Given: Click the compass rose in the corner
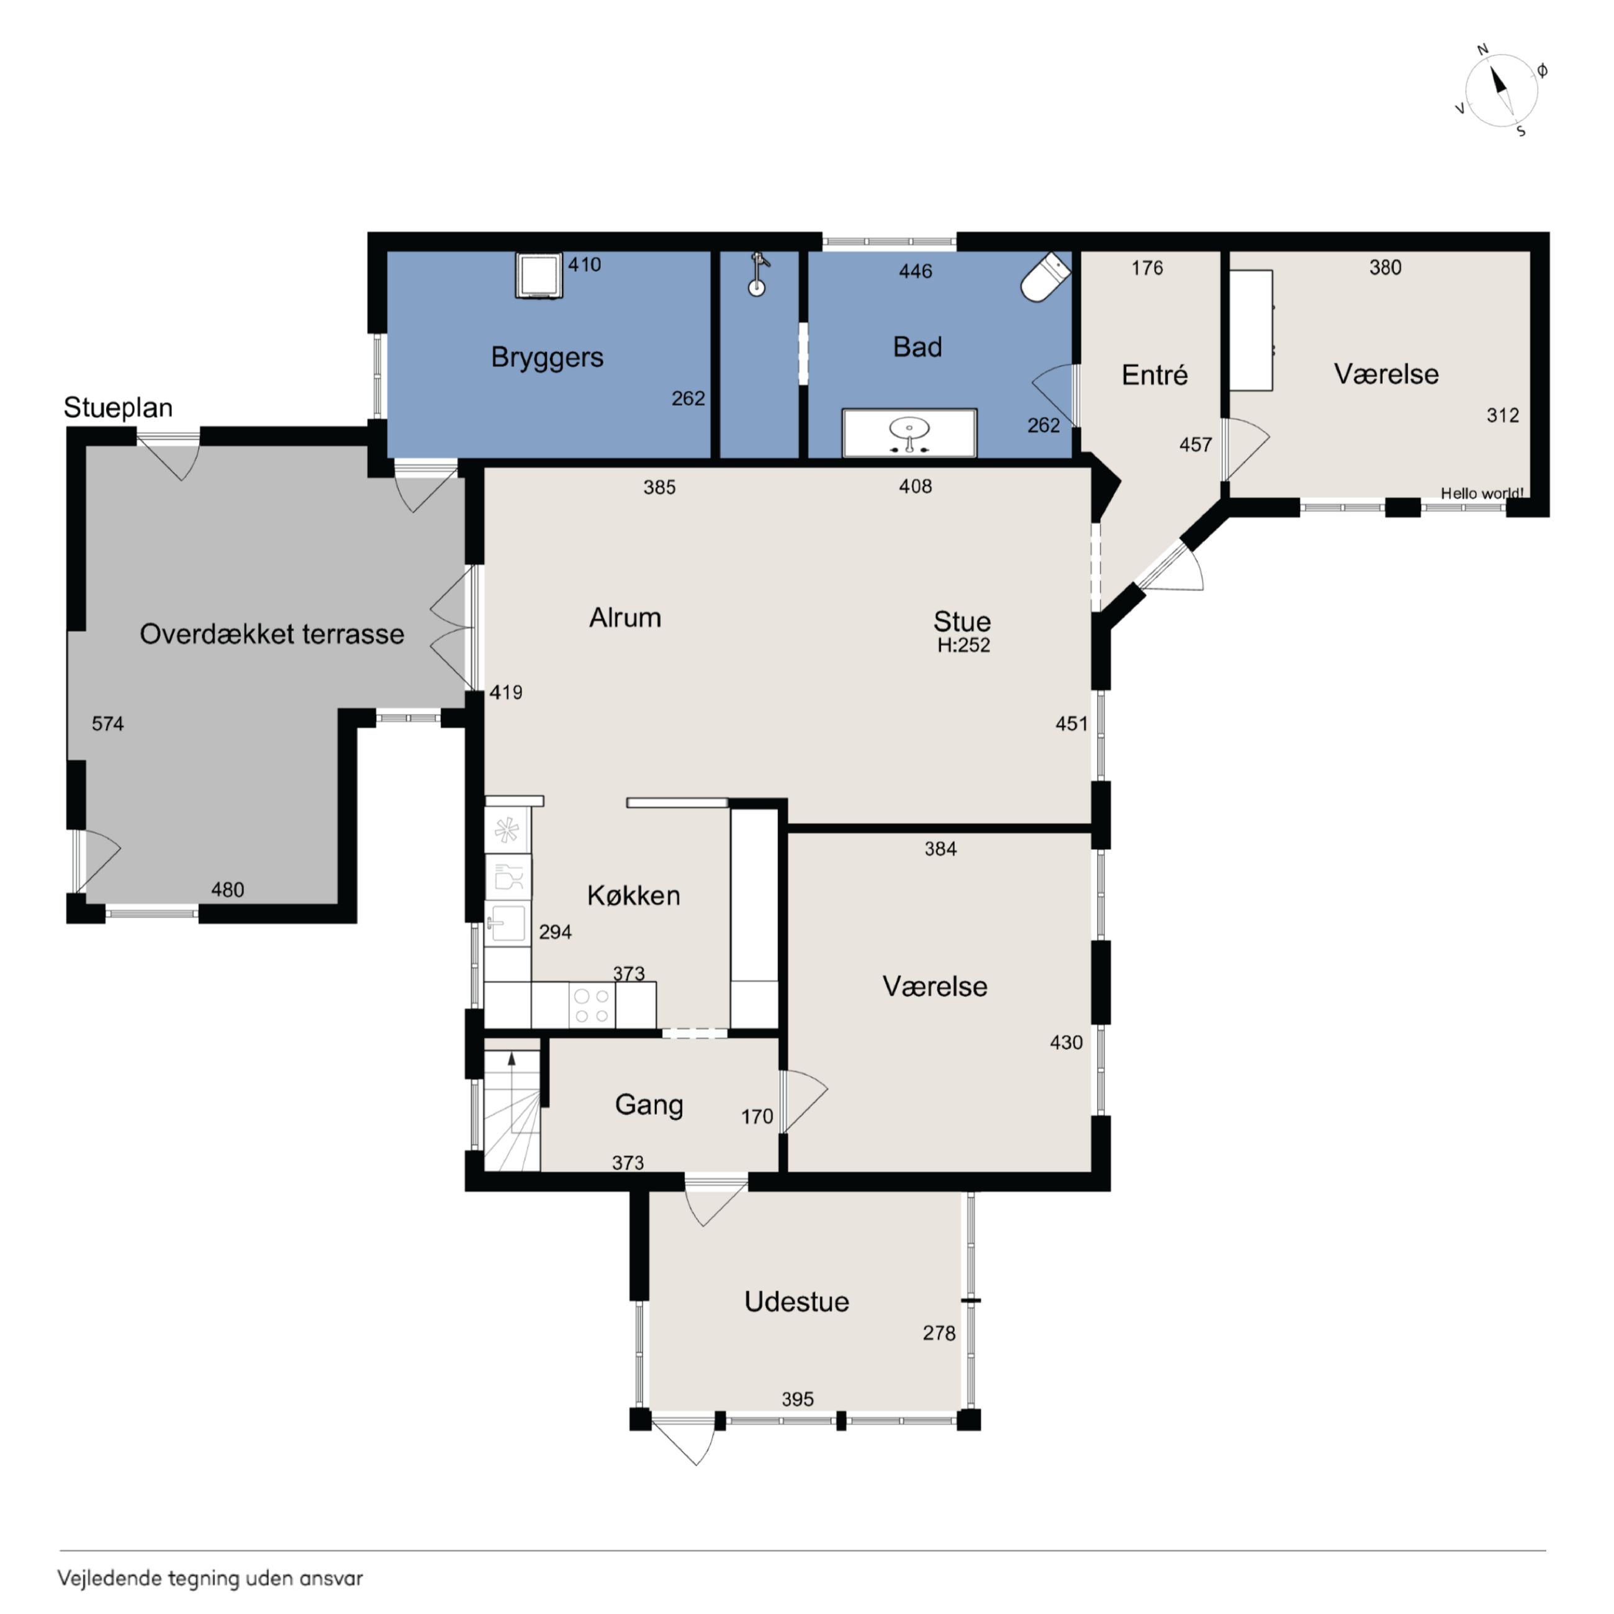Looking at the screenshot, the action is pyautogui.click(x=1501, y=90).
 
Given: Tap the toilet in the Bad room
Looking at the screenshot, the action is pyautogui.click(x=1045, y=277).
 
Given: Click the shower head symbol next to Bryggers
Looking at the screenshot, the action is pyautogui.click(x=757, y=275).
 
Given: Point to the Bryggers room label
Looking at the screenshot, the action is pyautogui.click(x=547, y=358).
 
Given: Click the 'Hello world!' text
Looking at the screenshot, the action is pyautogui.click(x=1482, y=493).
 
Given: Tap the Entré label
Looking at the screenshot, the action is pyautogui.click(x=1155, y=375).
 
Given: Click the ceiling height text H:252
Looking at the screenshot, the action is pyautogui.click(x=963, y=645).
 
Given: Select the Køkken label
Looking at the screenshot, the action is pyautogui.click(x=633, y=896).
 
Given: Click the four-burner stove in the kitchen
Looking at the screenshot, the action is pyautogui.click(x=592, y=1006).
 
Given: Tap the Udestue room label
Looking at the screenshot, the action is pyautogui.click(x=796, y=1302).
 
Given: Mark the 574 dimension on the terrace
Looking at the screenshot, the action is pyautogui.click(x=108, y=723).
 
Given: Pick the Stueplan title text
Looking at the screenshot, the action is pyautogui.click(x=118, y=408).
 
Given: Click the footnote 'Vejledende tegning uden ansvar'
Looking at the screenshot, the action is pyautogui.click(x=210, y=1578).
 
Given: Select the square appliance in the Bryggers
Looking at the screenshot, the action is pyautogui.click(x=538, y=275).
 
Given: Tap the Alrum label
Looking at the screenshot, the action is pyautogui.click(x=625, y=618).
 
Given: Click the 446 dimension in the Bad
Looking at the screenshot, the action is pyautogui.click(x=916, y=271).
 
